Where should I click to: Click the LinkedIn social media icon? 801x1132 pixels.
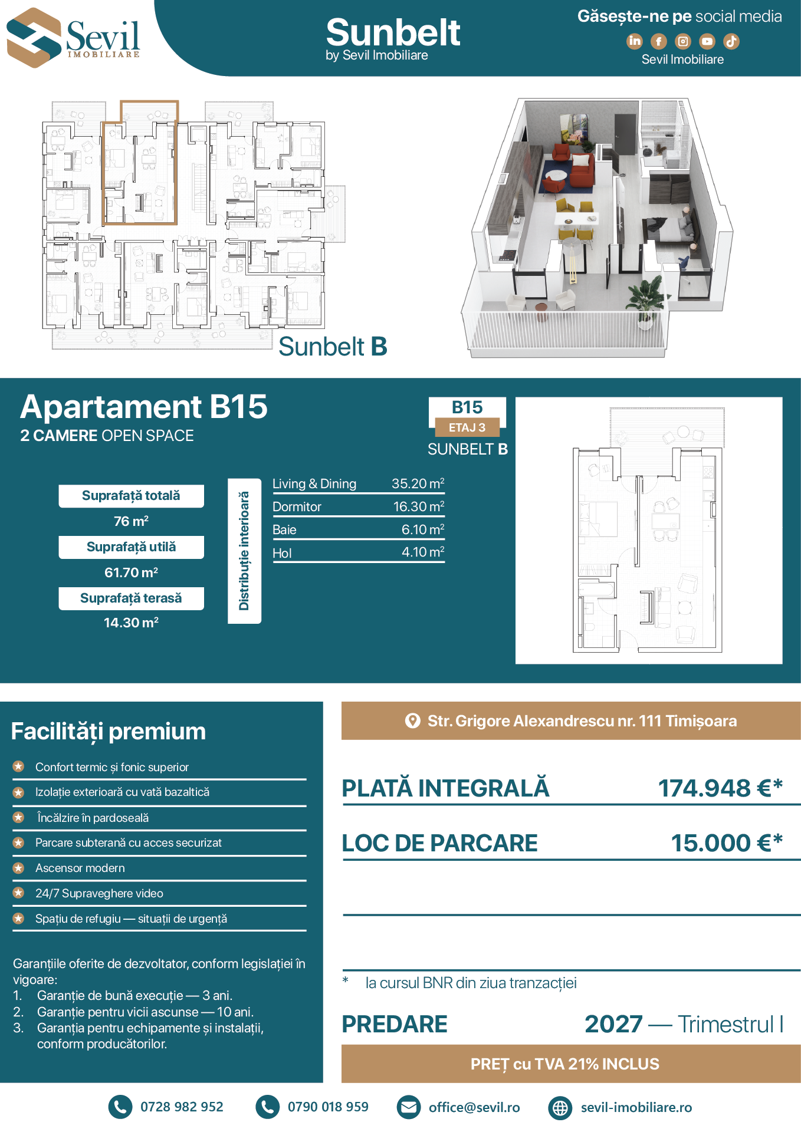pyautogui.click(x=634, y=41)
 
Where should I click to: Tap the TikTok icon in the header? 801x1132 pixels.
pyautogui.click(x=731, y=41)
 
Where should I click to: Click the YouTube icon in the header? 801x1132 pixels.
pyautogui.click(x=707, y=41)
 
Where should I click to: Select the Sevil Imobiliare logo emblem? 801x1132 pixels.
pyautogui.click(x=34, y=38)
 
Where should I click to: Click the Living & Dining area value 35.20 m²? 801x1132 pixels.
pyautogui.click(x=418, y=483)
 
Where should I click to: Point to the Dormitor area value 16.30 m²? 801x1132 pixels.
pyautogui.click(x=418, y=506)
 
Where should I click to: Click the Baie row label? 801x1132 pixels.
pyautogui.click(x=284, y=529)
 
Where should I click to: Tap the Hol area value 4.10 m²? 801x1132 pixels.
pyautogui.click(x=422, y=552)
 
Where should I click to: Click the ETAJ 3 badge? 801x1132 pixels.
pyautogui.click(x=467, y=427)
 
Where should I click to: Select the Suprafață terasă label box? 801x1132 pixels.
pyautogui.click(x=131, y=598)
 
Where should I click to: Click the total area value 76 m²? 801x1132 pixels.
pyautogui.click(x=131, y=521)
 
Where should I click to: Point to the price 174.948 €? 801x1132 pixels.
pyautogui.click(x=720, y=788)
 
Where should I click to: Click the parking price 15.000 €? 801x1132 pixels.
pyautogui.click(x=727, y=843)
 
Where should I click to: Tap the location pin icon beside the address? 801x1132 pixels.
pyautogui.click(x=413, y=721)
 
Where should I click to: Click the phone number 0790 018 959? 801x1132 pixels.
pyautogui.click(x=328, y=1107)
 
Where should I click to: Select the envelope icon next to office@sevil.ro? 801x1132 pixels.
pyautogui.click(x=408, y=1107)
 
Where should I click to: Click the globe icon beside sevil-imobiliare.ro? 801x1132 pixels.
pyautogui.click(x=560, y=1108)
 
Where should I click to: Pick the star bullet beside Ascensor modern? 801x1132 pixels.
pyautogui.click(x=19, y=868)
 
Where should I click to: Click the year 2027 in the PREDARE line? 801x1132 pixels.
pyautogui.click(x=613, y=1024)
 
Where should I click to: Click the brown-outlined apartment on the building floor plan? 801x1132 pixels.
pyautogui.click(x=140, y=163)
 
